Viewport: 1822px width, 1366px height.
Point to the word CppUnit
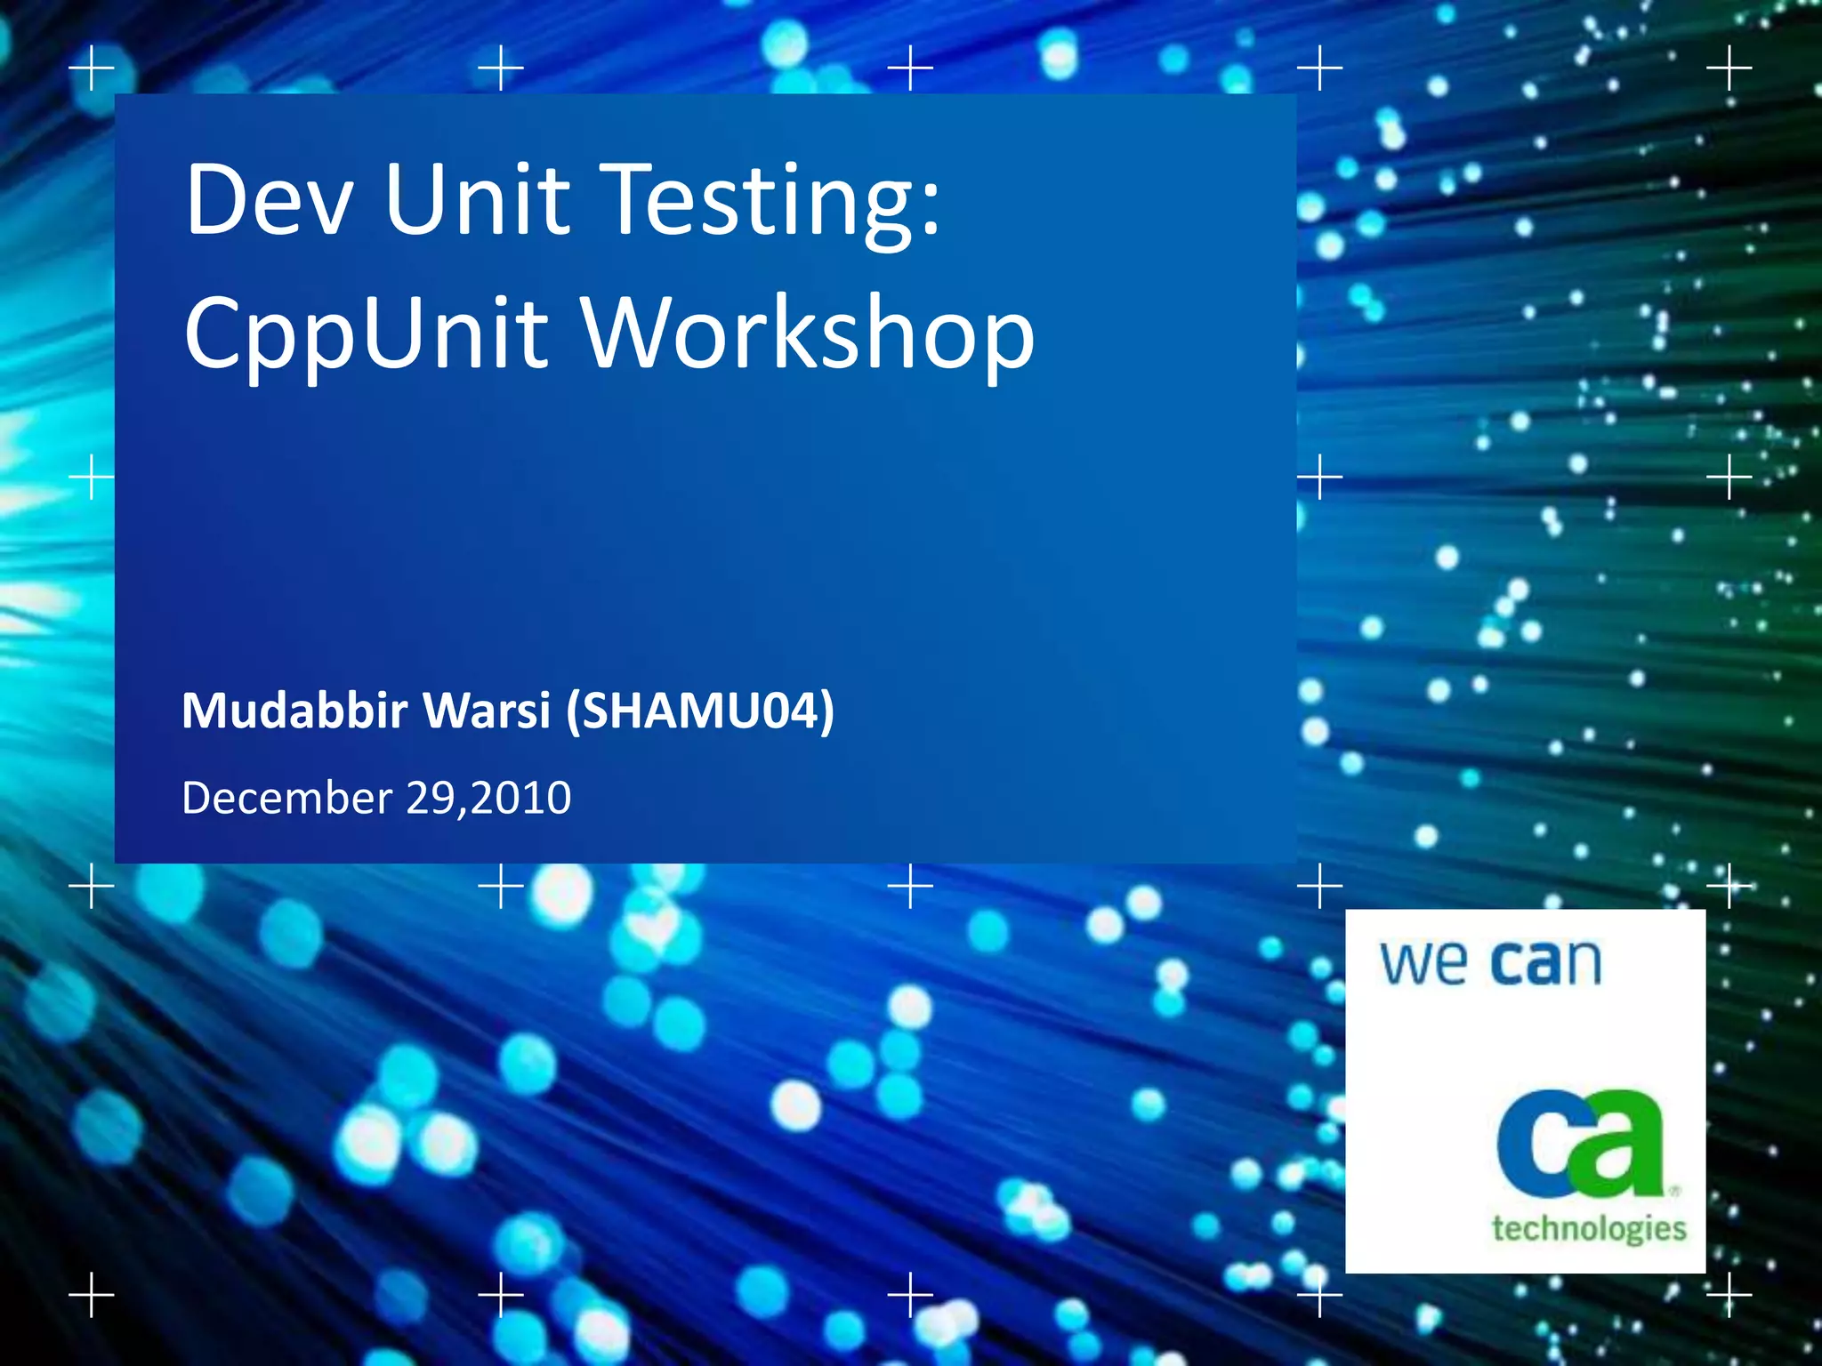[366, 333]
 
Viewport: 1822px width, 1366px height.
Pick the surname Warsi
[488, 711]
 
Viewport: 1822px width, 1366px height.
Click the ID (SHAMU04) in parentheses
[700, 711]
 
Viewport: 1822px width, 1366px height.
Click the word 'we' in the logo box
[1423, 963]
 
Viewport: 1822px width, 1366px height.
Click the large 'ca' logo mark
[1580, 1145]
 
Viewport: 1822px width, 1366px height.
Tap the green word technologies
[1589, 1229]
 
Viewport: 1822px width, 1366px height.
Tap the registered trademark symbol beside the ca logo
[1675, 1189]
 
